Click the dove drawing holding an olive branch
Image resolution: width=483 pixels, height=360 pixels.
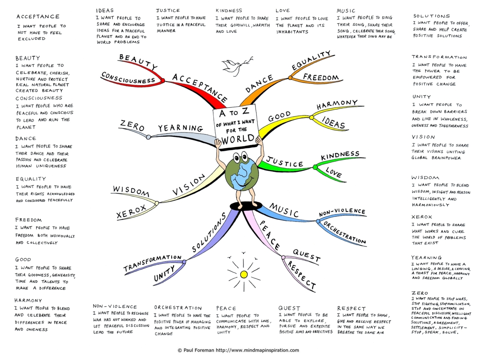click(x=236, y=66)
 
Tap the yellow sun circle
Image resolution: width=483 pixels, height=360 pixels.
click(x=244, y=274)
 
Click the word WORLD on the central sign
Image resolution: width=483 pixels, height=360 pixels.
click(x=238, y=140)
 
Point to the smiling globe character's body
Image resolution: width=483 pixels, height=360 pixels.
click(x=242, y=174)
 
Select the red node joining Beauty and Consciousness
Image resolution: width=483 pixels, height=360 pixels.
click(x=162, y=81)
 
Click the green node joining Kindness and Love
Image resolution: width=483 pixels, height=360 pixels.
click(x=315, y=167)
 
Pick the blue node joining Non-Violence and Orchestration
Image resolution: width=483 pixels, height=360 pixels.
click(x=318, y=221)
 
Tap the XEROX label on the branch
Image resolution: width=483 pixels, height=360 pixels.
click(x=131, y=212)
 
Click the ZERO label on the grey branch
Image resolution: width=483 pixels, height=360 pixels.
click(x=132, y=125)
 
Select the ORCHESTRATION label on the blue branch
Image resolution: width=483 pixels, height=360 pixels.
click(x=345, y=233)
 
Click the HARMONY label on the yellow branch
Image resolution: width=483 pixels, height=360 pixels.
click(x=337, y=104)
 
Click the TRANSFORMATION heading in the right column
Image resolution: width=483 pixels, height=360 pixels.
click(x=439, y=57)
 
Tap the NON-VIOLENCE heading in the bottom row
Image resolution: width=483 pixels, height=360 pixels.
click(x=115, y=306)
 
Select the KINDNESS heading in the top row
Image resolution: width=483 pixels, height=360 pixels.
click(x=229, y=11)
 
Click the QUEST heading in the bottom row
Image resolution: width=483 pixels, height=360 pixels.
click(x=289, y=308)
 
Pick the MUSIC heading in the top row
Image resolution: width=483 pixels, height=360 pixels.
click(x=346, y=11)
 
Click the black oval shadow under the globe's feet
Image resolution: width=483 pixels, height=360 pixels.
click(x=243, y=206)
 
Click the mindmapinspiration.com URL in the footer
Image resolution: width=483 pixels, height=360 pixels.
click(x=257, y=350)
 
